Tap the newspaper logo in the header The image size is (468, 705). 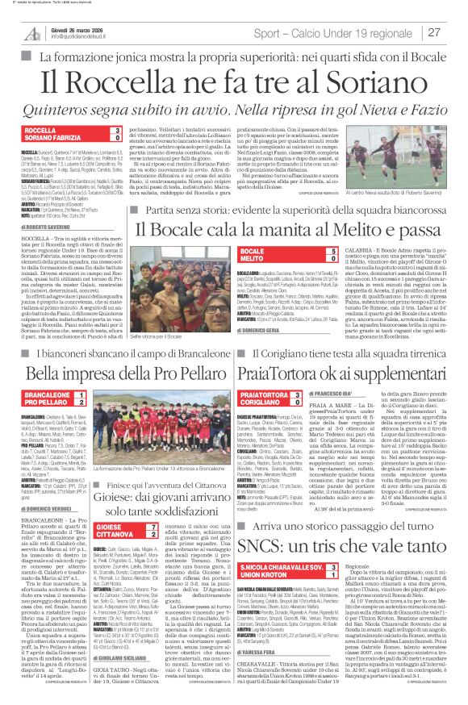coord(31,31)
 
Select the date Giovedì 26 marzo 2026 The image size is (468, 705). coord(77,27)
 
